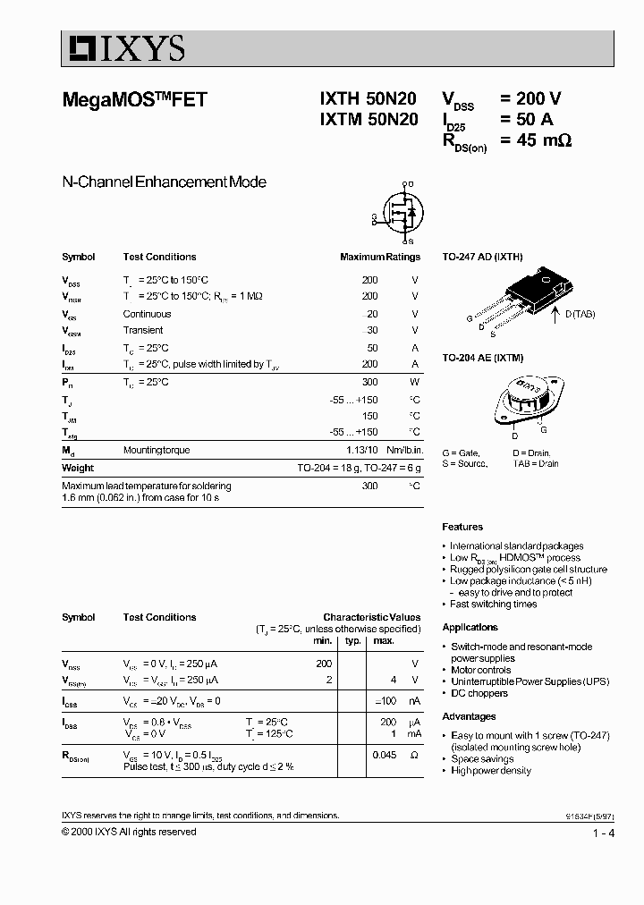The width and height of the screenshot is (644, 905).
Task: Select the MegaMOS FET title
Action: click(x=134, y=100)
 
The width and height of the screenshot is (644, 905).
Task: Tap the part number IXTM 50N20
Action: click(x=368, y=121)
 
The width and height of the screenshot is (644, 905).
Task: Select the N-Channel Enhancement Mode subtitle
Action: click(x=164, y=182)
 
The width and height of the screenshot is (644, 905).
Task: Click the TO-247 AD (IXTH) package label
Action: click(x=482, y=257)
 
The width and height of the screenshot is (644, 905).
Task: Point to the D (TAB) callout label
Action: click(x=579, y=314)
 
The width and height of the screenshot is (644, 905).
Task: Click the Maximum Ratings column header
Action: click(x=379, y=257)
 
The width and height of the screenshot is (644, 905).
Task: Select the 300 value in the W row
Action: click(x=369, y=382)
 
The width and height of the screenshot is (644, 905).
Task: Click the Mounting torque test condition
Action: click(x=157, y=450)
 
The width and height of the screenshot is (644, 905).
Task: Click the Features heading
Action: click(x=462, y=527)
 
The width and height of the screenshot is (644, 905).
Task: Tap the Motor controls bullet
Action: click(x=480, y=670)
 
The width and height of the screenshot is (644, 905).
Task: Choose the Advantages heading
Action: click(x=469, y=716)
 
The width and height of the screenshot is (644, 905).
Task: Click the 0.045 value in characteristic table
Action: click(x=384, y=755)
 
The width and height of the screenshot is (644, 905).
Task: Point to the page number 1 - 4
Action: click(x=604, y=833)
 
